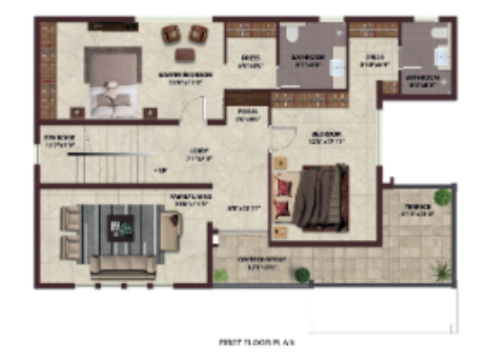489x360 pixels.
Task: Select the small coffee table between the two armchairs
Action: point(184,34)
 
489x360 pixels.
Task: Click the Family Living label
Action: point(190,199)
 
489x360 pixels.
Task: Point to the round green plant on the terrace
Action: point(441,197)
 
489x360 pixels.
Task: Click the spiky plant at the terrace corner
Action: point(440,270)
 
